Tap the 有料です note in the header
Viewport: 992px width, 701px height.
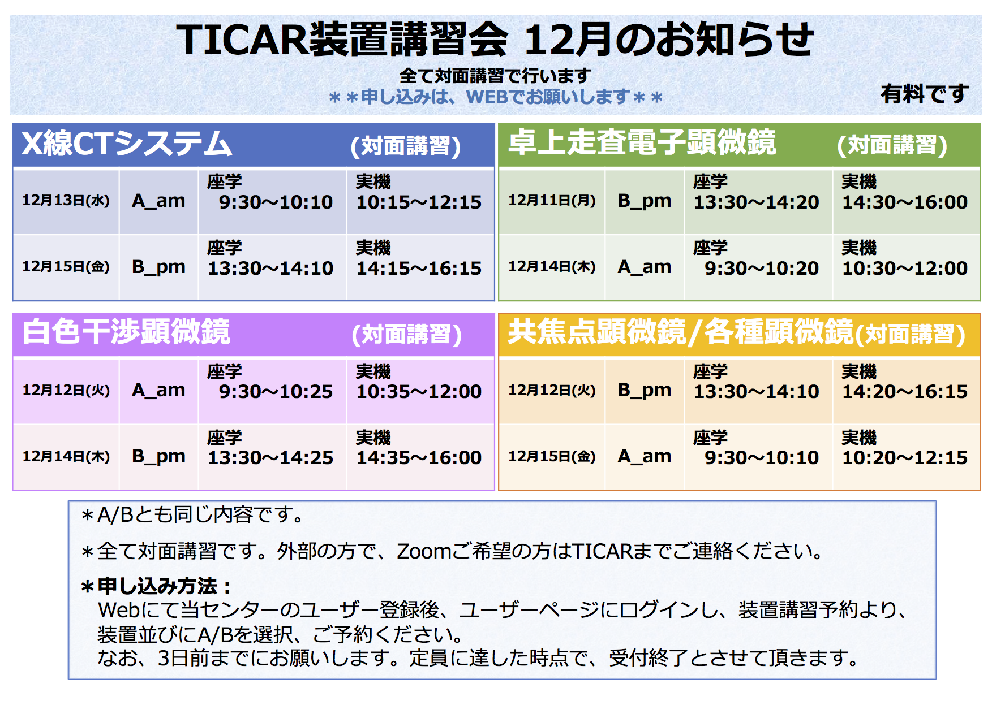925,94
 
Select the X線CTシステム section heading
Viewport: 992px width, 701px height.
127,144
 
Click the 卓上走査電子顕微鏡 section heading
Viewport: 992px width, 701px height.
642,142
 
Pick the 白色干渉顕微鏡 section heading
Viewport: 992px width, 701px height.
126,331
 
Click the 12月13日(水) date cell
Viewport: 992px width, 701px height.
66,201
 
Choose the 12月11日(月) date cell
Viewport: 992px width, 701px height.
552,201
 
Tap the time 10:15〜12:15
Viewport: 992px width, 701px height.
419,202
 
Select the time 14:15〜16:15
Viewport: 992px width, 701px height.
419,269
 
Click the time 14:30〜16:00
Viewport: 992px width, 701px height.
905,202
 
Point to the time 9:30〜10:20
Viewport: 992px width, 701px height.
762,269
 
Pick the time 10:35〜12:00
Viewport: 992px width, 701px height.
419,392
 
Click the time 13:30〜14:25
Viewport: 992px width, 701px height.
270,458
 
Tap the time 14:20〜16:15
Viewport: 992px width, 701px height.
905,392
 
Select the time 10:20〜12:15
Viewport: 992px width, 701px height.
905,458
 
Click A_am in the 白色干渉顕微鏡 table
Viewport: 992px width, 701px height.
158,391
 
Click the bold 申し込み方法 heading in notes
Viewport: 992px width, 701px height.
157,586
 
